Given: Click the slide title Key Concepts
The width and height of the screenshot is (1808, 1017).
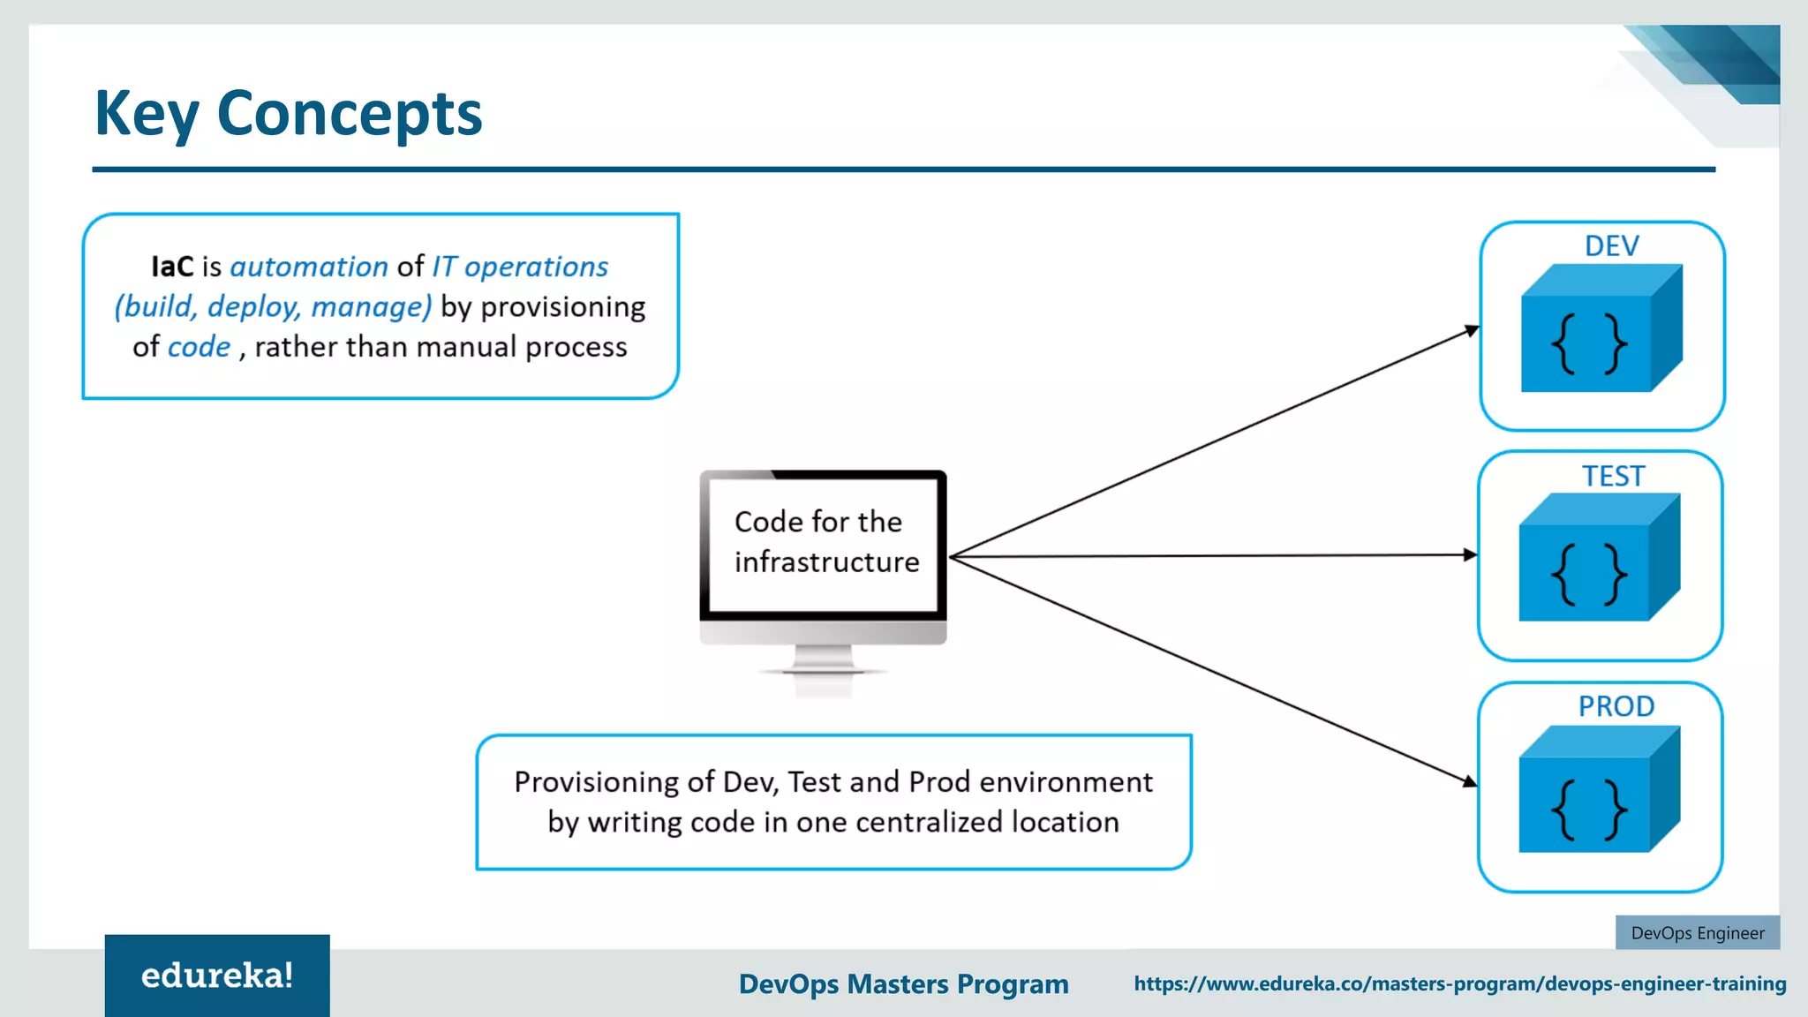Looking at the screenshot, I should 288,113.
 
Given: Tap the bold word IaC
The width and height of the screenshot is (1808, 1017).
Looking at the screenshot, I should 172,267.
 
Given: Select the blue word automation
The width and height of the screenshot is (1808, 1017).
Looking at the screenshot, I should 309,267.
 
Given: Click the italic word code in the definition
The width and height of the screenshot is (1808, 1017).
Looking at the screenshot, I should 199,347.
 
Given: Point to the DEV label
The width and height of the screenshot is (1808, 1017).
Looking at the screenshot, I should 1611,245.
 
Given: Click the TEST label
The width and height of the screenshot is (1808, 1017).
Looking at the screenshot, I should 1613,476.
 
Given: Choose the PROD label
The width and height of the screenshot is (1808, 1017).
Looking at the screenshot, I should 1616,706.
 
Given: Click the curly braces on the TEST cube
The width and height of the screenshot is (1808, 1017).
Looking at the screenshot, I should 1588,574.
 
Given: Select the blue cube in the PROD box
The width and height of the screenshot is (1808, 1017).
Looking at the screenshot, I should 1598,789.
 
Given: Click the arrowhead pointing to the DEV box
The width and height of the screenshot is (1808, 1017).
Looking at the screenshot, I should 1472,330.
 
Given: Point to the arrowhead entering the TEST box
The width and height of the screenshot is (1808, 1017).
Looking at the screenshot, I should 1470,554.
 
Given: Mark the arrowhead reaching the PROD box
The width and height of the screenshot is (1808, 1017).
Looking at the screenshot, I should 1470,781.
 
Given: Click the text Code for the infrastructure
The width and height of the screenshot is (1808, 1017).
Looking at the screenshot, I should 825,542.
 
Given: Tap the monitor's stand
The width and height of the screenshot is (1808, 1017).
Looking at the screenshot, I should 823,662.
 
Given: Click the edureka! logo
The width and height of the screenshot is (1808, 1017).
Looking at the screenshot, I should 217,976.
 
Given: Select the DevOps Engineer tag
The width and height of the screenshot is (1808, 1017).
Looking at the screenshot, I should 1697,933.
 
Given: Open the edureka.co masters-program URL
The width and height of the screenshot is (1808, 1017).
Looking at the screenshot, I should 1459,983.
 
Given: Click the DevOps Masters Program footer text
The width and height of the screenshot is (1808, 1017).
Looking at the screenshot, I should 903,983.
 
